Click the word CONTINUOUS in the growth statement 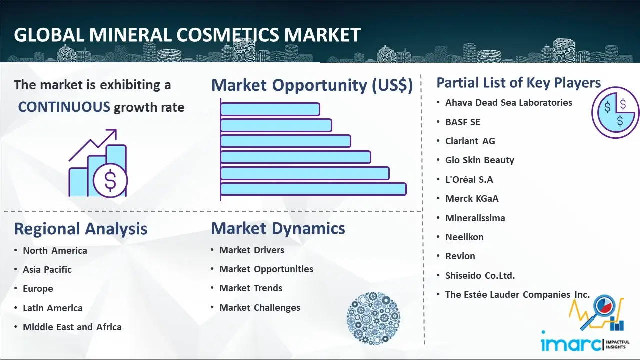64,107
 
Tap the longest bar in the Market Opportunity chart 313,189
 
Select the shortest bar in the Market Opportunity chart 270,109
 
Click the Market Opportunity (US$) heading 312,85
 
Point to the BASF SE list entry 463,122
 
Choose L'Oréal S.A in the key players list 469,179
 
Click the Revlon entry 460,256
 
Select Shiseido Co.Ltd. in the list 480,275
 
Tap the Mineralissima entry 475,218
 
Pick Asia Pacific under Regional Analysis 47,269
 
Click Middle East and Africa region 72,327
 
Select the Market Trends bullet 251,288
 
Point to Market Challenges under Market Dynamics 260,307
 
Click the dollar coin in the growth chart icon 110,181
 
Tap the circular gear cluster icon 373,318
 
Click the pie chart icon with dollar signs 615,113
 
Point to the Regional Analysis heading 81,229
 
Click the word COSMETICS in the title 227,35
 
